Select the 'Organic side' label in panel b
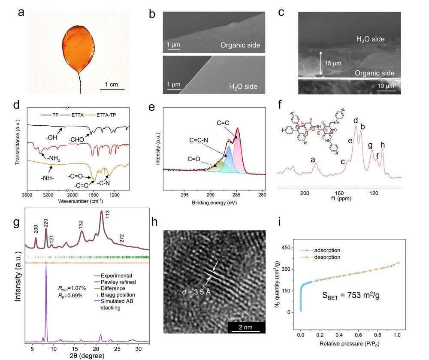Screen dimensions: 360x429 point(240,45)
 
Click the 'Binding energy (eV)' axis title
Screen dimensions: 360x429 point(215,202)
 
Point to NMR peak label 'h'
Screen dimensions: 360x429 point(382,145)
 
